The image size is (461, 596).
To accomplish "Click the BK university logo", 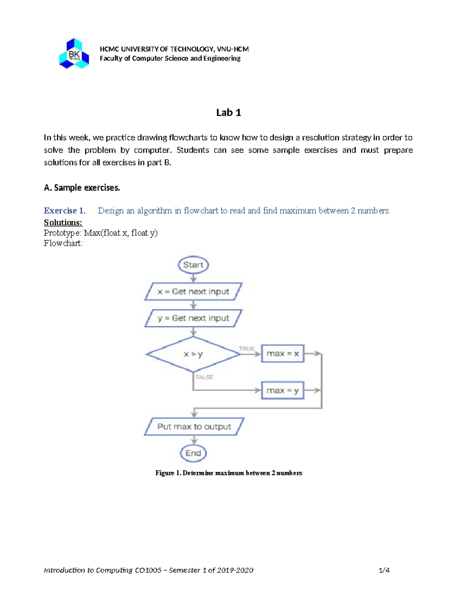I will click(74, 54).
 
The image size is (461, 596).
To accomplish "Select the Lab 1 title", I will click(229, 112).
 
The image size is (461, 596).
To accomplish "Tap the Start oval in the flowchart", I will click(193, 265).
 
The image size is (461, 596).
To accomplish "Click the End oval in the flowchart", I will click(193, 453).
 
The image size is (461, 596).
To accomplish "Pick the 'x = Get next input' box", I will click(193, 292).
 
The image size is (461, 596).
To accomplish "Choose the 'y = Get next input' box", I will click(193, 318).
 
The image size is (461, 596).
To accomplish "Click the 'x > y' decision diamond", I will click(193, 354).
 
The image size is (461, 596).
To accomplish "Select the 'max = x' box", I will click(283, 353).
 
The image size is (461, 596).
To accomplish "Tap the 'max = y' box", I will click(283, 391).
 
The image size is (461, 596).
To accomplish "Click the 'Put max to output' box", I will click(194, 427).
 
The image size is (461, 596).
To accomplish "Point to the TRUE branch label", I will click(247, 348).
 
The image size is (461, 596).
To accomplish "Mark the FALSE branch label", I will click(204, 377).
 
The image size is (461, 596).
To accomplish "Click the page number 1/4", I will click(384, 570).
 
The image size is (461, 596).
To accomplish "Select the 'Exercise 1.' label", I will click(65, 211).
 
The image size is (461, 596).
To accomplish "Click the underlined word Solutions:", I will click(63, 223).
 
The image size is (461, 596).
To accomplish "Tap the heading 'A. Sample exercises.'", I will click(82, 188).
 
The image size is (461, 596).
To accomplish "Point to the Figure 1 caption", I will click(229, 473).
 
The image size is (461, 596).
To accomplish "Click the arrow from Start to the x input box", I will click(194, 278).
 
